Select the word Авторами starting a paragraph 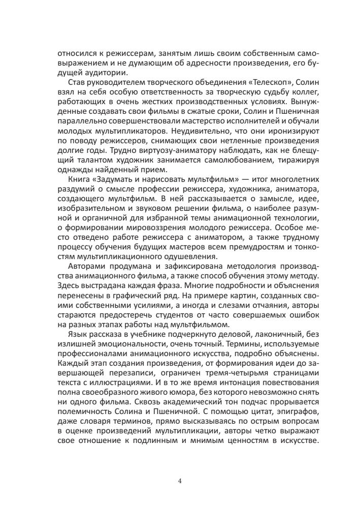(x=85, y=268)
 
